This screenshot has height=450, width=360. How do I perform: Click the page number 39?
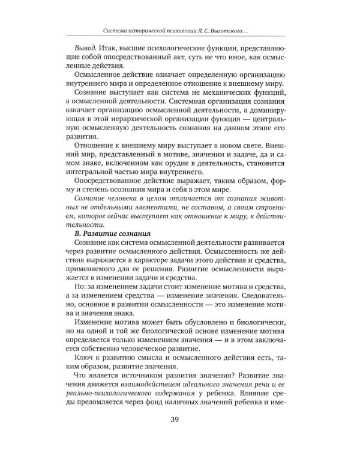(x=179, y=419)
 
